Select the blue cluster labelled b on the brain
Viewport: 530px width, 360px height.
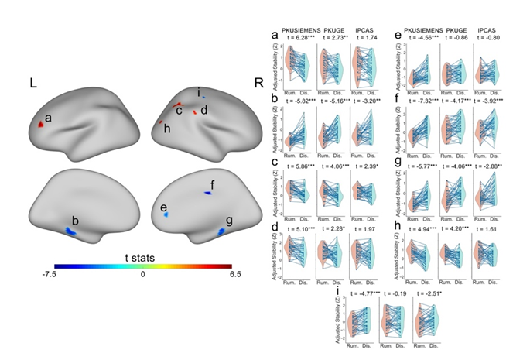coord(70,231)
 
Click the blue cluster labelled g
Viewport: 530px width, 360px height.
coord(222,231)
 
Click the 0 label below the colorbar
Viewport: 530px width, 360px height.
coord(142,274)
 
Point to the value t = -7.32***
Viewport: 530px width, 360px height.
coord(416,100)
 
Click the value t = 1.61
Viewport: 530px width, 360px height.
coord(485,229)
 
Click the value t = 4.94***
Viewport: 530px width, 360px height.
coord(416,229)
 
